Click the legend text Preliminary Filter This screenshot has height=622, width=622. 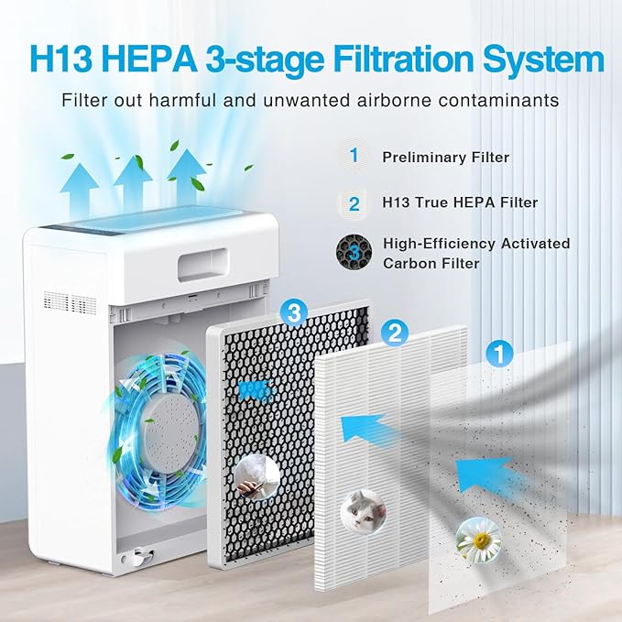point(445,158)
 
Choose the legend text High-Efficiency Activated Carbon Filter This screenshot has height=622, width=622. point(476,253)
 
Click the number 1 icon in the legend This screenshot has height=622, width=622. point(354,156)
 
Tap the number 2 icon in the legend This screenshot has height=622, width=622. point(354,202)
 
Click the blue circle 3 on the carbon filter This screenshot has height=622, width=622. point(293,314)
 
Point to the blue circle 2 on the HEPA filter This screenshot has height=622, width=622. point(395,332)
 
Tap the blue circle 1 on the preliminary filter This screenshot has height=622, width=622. point(499,352)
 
